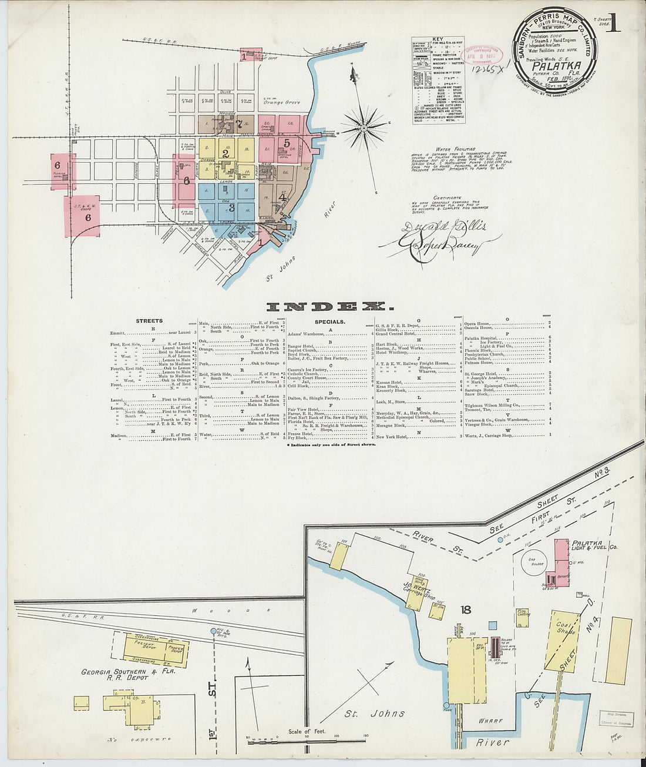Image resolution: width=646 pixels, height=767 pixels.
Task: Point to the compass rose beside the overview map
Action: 364,127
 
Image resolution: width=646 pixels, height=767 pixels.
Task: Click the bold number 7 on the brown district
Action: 240,123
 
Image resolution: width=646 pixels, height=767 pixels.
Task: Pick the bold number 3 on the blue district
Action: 231,207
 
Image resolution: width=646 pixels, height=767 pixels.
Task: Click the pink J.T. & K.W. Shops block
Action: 82,216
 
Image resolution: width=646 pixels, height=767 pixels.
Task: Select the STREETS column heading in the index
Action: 149,321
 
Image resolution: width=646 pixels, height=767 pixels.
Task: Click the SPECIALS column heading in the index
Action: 329,322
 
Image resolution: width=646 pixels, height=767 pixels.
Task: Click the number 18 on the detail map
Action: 466,610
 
